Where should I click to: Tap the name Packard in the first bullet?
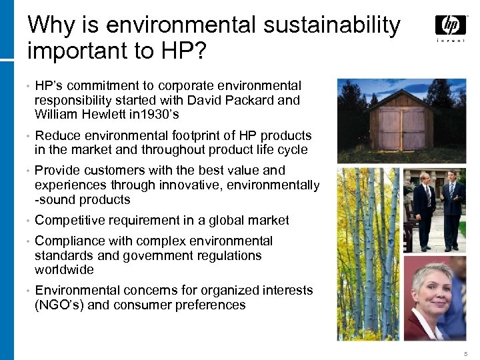coord(249,100)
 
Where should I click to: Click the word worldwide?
coord(64,270)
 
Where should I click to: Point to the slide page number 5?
coord(464,352)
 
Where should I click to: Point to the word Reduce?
coord(56,135)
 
